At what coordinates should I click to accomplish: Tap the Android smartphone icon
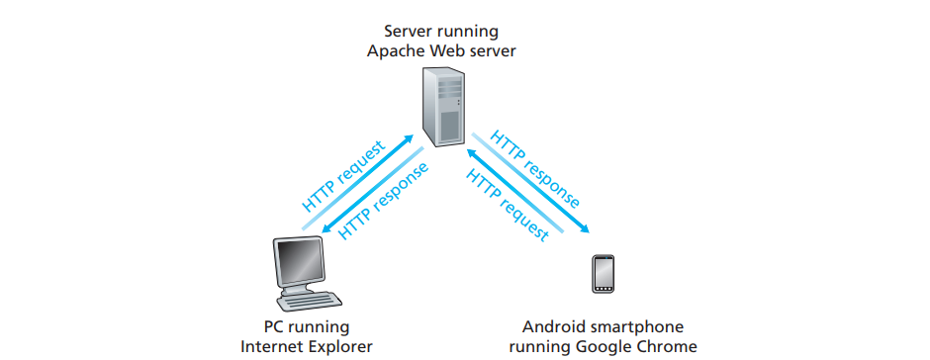[x=604, y=274]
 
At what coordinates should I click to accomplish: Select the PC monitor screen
[x=299, y=261]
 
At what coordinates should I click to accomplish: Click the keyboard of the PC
[x=318, y=300]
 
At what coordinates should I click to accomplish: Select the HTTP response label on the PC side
[x=384, y=200]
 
